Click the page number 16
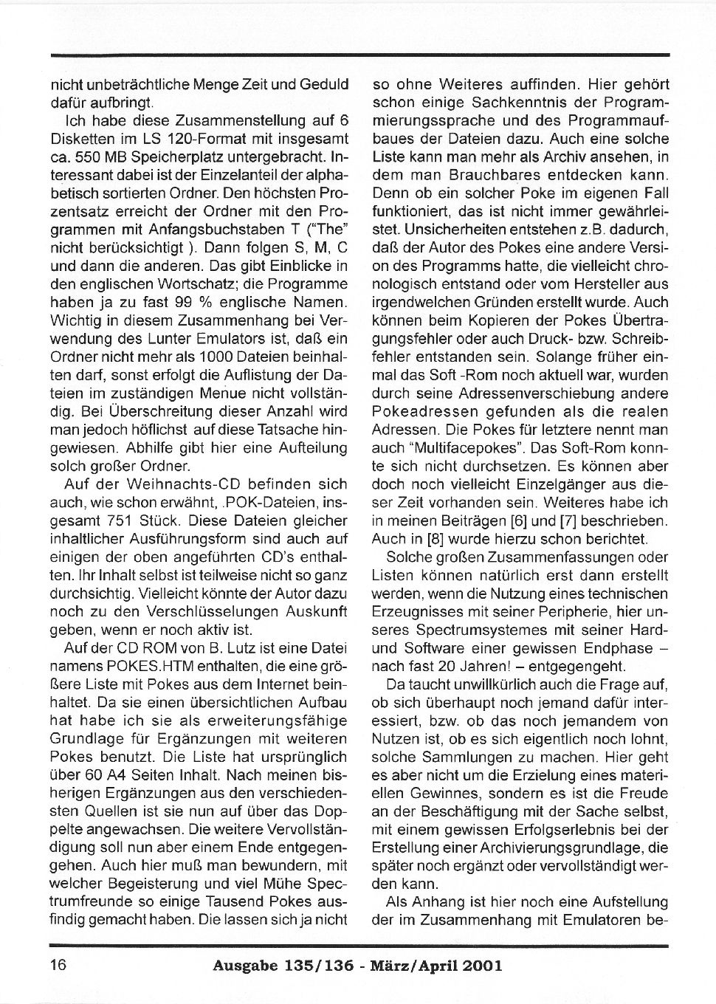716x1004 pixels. click(58, 964)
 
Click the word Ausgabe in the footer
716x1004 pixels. click(247, 965)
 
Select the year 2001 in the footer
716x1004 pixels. click(483, 965)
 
